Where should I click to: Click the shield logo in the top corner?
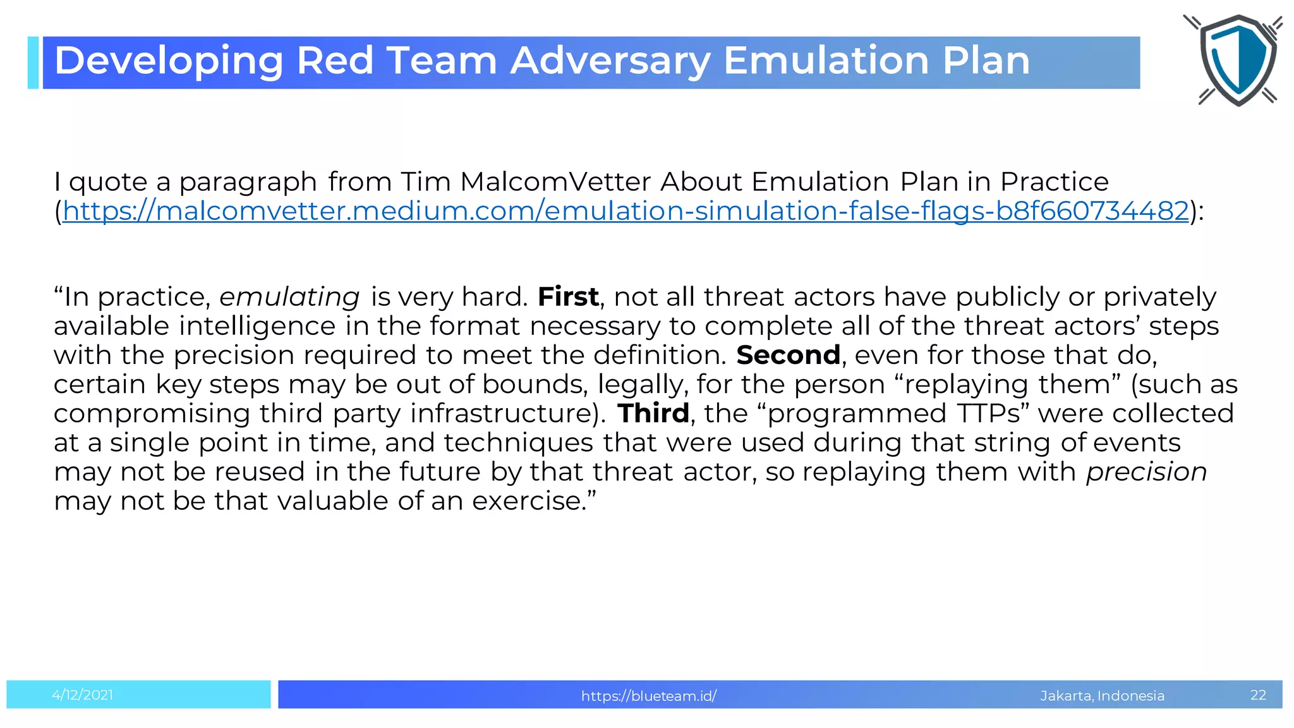[x=1237, y=60]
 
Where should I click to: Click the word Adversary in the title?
[x=610, y=61]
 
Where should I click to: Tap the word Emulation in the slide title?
[x=826, y=61]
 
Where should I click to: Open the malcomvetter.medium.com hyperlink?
[x=626, y=211]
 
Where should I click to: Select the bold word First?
[x=567, y=297]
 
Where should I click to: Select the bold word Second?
[x=788, y=355]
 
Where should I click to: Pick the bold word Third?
[x=653, y=413]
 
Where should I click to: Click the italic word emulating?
[x=289, y=297]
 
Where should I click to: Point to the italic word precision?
[x=1146, y=472]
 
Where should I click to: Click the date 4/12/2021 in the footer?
[x=83, y=695]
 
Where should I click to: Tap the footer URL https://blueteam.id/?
[x=648, y=696]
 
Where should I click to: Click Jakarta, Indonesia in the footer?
[x=1102, y=696]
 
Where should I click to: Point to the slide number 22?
[x=1258, y=695]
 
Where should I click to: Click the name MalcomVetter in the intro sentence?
[x=555, y=182]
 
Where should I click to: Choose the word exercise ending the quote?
[x=529, y=501]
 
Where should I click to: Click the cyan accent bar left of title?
[x=33, y=63]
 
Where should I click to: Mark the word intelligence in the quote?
[x=257, y=326]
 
